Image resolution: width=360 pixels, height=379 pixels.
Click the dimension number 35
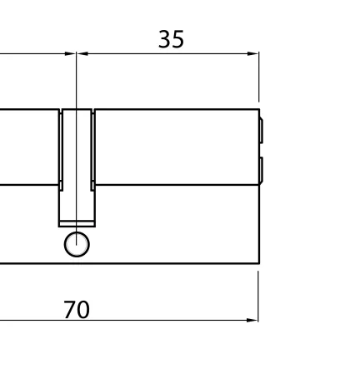click(171, 39)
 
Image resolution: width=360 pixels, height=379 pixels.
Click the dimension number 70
click(77, 310)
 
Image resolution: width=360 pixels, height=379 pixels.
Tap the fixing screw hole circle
click(77, 245)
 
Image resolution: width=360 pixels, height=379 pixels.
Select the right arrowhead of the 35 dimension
click(253, 54)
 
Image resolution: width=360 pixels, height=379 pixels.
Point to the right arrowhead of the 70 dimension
click(252, 320)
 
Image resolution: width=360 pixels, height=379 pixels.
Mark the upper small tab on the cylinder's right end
click(261, 131)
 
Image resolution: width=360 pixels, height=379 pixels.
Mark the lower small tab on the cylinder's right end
click(261, 170)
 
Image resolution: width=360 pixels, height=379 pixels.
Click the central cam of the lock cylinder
click(77, 167)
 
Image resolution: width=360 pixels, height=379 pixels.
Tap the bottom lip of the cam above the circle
click(77, 222)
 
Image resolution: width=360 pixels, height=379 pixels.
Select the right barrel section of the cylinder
click(175, 147)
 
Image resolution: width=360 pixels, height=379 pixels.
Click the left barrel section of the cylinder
click(29, 147)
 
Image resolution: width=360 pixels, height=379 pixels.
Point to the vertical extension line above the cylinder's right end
click(258, 79)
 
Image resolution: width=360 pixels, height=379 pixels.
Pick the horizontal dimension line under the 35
click(167, 54)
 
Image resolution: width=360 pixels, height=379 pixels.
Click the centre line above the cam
click(77, 83)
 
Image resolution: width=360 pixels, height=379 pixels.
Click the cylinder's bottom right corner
click(258, 263)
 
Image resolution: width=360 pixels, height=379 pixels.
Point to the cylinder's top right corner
click(258, 109)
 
